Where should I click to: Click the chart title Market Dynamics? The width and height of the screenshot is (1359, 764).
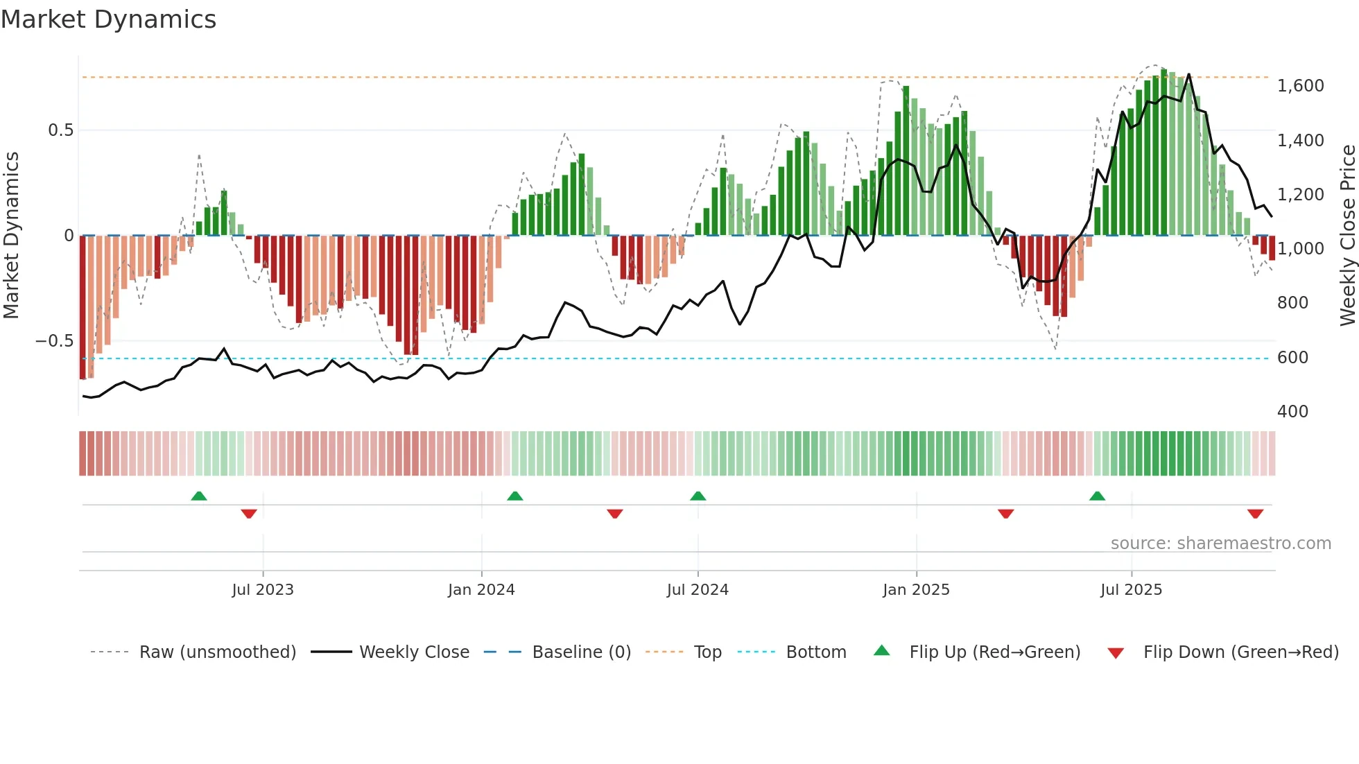109,19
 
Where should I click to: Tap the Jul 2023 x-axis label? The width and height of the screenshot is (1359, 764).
263,590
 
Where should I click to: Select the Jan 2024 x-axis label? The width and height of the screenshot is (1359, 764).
481,590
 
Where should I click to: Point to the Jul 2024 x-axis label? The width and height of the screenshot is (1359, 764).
698,590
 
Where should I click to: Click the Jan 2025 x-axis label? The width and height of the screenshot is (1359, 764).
916,590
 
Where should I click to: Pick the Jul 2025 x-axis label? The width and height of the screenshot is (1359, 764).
1131,590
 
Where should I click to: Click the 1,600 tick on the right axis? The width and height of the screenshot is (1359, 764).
1300,86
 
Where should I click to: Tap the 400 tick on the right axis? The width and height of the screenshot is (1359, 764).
1292,412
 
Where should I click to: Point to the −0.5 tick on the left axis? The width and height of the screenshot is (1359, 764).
54,341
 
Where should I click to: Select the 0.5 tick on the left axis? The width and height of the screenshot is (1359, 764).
60,130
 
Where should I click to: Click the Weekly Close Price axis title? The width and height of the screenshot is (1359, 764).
1347,236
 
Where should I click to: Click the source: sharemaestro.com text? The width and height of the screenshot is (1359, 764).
1220,544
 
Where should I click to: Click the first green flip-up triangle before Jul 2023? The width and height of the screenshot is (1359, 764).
199,496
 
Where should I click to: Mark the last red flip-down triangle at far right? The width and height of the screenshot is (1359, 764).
1255,514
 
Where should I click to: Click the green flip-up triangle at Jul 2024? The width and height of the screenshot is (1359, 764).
698,496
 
